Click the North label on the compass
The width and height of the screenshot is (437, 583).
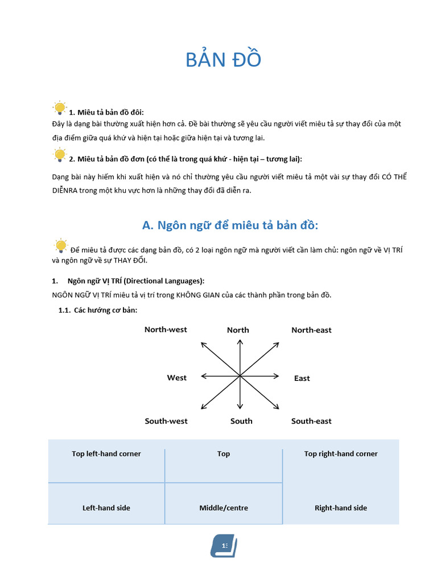pyautogui.click(x=238, y=330)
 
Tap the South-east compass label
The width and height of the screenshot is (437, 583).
pyautogui.click(x=311, y=421)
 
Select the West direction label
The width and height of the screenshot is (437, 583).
pyautogui.click(x=176, y=378)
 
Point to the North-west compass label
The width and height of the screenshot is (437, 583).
pyautogui.click(x=166, y=330)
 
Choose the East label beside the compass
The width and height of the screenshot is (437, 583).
pyautogui.click(x=302, y=379)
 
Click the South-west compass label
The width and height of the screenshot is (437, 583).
pyautogui.click(x=166, y=421)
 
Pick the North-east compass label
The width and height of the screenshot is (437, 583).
pyautogui.click(x=311, y=330)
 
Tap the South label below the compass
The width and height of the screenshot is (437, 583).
pyautogui.click(x=241, y=421)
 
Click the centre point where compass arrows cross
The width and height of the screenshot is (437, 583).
pyautogui.click(x=240, y=376)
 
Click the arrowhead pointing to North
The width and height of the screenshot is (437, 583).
pyautogui.click(x=240, y=342)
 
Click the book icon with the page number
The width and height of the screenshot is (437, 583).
pyautogui.click(x=224, y=546)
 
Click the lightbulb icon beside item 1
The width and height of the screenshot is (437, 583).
pyautogui.click(x=59, y=108)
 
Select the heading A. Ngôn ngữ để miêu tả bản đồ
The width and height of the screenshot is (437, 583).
pyautogui.click(x=230, y=225)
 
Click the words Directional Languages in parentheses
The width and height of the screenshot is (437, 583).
pyautogui.click(x=164, y=281)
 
